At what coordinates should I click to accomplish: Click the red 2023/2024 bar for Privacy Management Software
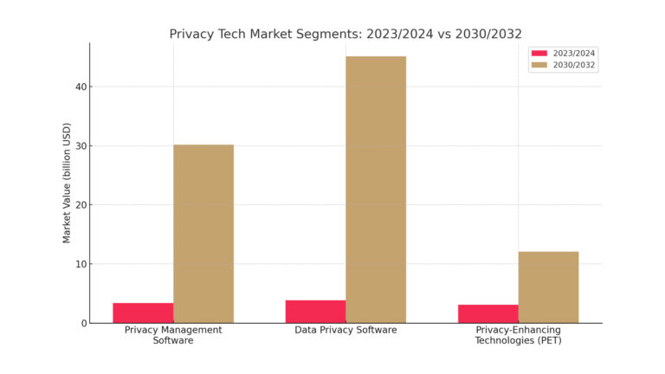click(x=143, y=313)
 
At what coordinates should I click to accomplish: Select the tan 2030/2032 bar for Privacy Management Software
click(x=203, y=234)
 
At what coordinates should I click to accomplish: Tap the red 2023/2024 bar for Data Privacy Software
click(x=315, y=312)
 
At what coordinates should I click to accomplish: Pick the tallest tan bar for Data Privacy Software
click(x=376, y=190)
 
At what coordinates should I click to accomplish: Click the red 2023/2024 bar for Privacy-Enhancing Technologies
click(x=488, y=313)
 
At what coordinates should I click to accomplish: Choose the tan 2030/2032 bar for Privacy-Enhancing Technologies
click(x=548, y=287)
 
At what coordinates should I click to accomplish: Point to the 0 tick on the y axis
click(x=83, y=323)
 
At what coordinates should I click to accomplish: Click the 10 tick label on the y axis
click(x=81, y=264)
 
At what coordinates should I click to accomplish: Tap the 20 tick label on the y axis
click(x=81, y=205)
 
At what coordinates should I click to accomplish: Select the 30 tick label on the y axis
click(x=81, y=146)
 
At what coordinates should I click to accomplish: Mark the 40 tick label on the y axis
click(x=81, y=87)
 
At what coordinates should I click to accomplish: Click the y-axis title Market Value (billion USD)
click(x=67, y=183)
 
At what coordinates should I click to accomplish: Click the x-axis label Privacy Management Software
click(x=173, y=335)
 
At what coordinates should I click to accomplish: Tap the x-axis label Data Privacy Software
click(x=345, y=330)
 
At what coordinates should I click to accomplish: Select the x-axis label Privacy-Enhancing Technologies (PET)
click(x=518, y=335)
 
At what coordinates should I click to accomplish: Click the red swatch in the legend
click(x=539, y=53)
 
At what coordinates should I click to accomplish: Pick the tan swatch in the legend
click(x=539, y=65)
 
